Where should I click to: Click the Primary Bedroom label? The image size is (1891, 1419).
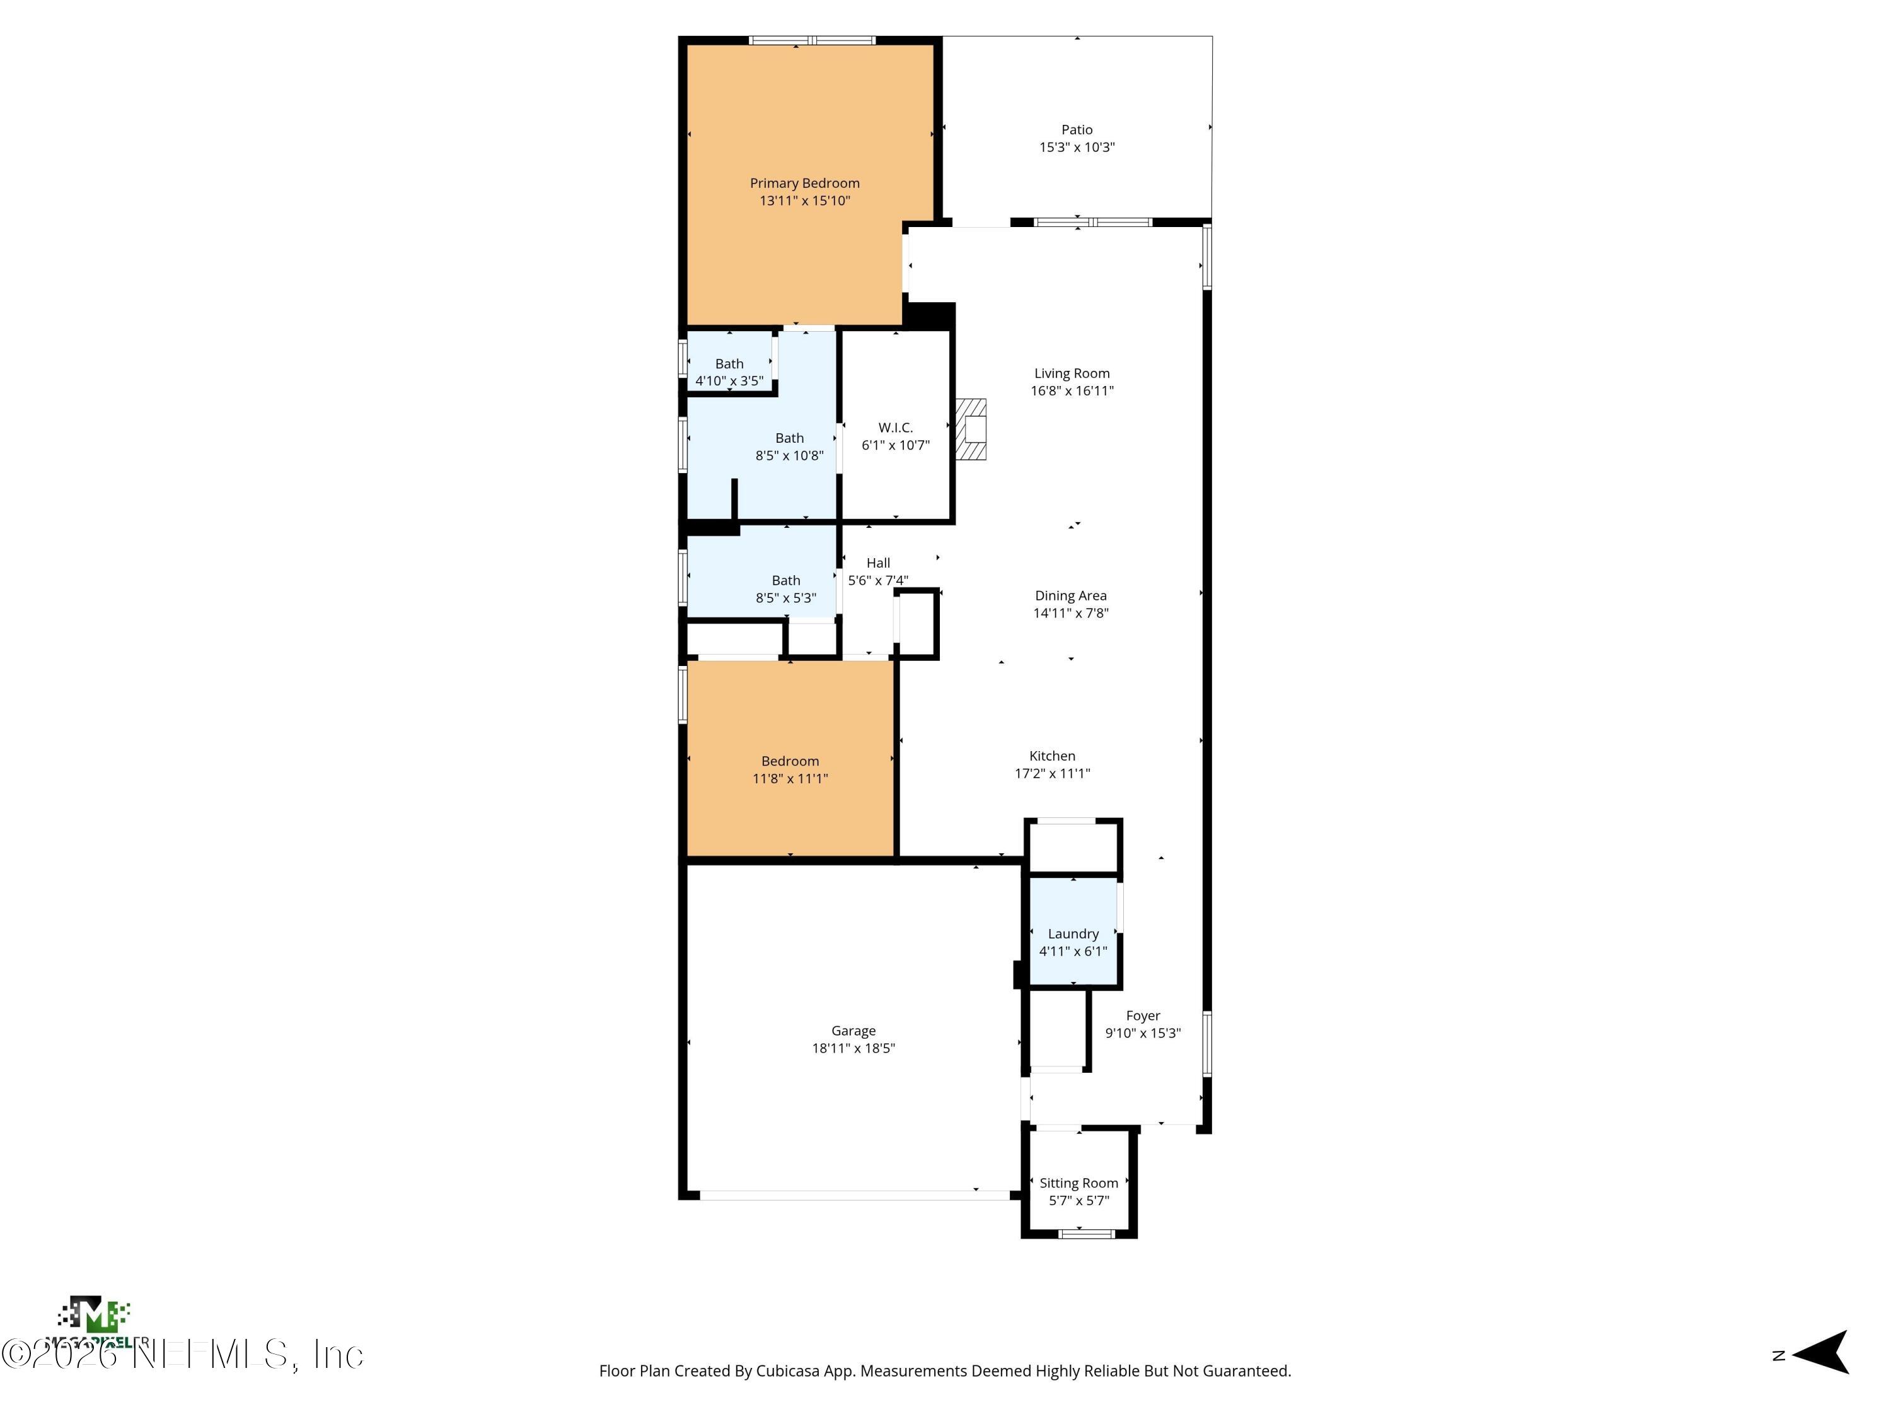point(804,183)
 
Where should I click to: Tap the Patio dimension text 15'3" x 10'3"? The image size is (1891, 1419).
point(1077,147)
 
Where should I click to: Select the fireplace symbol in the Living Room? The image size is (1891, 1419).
point(971,429)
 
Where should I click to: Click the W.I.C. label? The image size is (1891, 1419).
point(895,428)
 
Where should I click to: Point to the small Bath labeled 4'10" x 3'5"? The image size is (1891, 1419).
point(729,372)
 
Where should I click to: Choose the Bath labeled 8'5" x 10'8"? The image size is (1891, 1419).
point(789,447)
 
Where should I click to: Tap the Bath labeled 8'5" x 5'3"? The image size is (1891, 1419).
point(785,588)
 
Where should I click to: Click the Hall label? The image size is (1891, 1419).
point(878,563)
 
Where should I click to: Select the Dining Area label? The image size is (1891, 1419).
point(1070,595)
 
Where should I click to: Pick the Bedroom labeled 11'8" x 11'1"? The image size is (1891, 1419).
point(790,769)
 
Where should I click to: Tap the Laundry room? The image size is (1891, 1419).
point(1073,942)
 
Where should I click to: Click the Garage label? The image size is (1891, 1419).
point(853,1031)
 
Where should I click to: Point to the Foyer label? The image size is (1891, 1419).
point(1142,1015)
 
